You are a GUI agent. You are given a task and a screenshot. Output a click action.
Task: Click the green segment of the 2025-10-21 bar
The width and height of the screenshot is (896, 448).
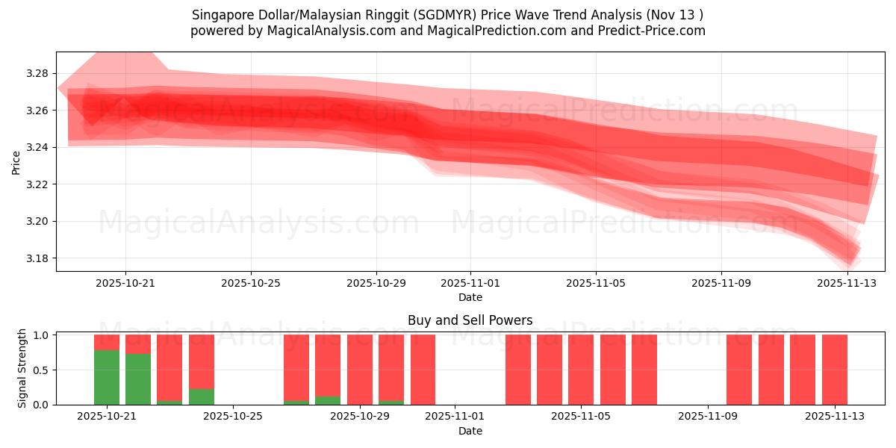(107, 377)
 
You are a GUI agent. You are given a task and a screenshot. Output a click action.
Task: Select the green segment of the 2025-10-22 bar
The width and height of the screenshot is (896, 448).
(138, 379)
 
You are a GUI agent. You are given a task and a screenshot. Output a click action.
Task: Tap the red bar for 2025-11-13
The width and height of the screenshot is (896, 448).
(835, 370)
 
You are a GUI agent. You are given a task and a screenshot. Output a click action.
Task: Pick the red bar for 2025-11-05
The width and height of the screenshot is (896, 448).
(581, 370)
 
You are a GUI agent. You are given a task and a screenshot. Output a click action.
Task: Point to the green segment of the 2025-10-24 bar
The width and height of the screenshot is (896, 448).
(202, 396)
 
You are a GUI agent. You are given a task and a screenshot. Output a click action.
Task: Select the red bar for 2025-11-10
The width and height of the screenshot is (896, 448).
(739, 370)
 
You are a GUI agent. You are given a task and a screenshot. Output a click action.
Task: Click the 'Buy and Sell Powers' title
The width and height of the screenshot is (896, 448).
(470, 320)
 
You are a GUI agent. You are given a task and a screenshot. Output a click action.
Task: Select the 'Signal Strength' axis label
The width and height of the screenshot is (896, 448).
(22, 368)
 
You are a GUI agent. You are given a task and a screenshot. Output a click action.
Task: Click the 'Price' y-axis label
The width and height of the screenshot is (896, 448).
(16, 162)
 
